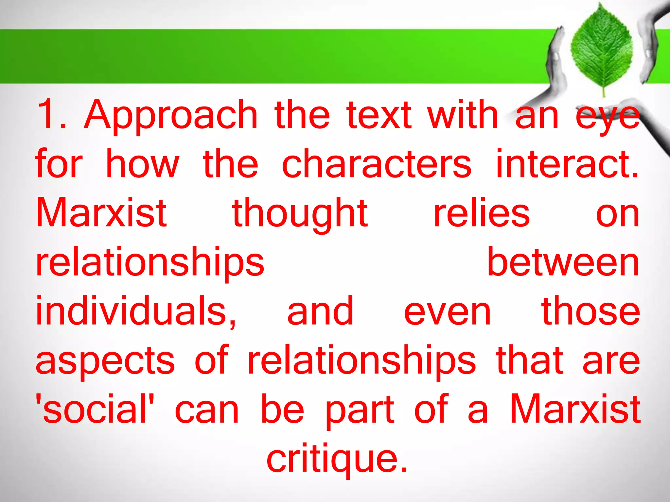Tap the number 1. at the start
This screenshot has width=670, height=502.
(x=52, y=114)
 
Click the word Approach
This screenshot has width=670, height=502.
(x=170, y=116)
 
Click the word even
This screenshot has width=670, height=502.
(x=447, y=312)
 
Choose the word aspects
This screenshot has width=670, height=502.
(x=105, y=361)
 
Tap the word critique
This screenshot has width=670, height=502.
(x=337, y=459)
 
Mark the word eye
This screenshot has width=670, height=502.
(x=607, y=118)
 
